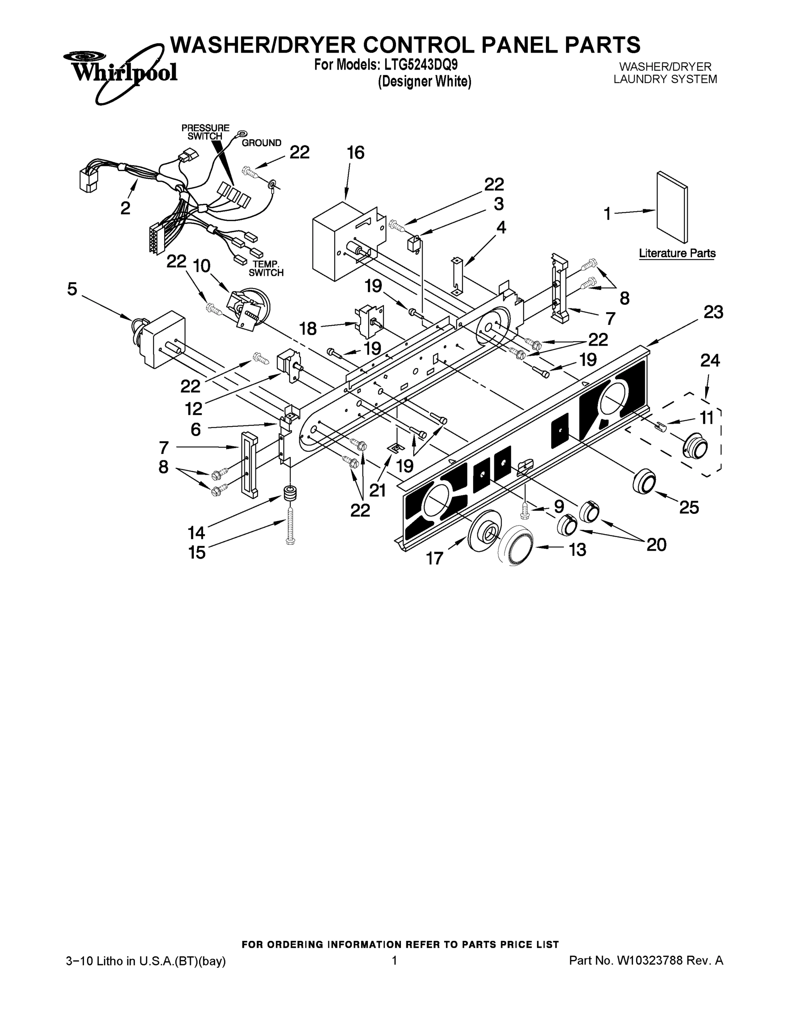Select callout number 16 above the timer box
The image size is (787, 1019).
click(356, 152)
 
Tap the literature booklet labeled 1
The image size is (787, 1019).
click(672, 207)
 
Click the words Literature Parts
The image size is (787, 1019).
click(677, 253)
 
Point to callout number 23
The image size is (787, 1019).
click(713, 312)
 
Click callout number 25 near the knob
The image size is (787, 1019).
click(689, 507)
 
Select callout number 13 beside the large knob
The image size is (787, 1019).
click(577, 550)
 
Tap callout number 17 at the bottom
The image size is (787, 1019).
click(434, 558)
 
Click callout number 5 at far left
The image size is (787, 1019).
click(72, 289)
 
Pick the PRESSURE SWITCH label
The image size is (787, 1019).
click(205, 132)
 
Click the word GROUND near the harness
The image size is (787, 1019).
click(261, 143)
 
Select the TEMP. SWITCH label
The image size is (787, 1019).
click(266, 268)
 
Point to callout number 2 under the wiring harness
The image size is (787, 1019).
click(125, 208)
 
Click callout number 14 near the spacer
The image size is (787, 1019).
click(196, 532)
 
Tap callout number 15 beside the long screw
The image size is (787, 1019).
click(196, 552)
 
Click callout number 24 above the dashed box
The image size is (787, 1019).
click(710, 360)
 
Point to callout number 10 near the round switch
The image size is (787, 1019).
click(202, 266)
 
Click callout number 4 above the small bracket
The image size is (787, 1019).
click(500, 227)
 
